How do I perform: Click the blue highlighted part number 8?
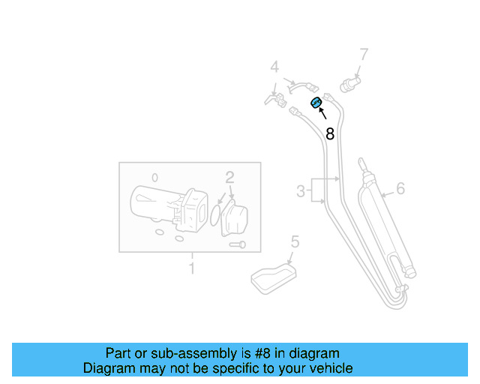tap(316, 103)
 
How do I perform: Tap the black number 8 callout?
tap(329, 134)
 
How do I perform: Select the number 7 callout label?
tap(364, 55)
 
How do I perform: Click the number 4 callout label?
tap(274, 67)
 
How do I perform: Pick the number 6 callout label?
tap(400, 187)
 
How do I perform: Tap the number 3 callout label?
tap(301, 191)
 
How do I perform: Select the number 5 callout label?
tap(295, 241)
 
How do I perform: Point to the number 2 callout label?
tap(230, 178)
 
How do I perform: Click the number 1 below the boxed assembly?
tap(191, 268)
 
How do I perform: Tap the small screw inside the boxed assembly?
tap(238, 244)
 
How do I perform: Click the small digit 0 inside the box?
tap(154, 178)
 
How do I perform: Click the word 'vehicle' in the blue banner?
tap(330, 368)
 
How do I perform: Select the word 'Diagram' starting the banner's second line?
tap(108, 368)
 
